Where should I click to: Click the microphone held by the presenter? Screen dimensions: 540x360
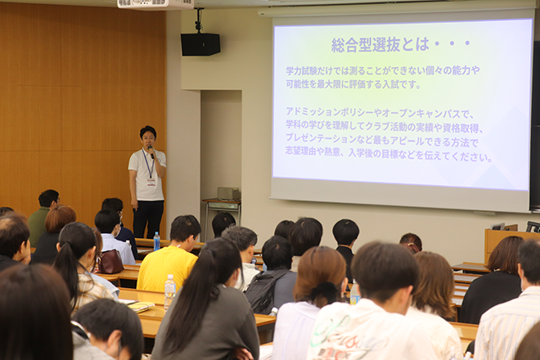[x=151, y=151]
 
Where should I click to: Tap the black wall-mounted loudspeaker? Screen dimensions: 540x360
[x=200, y=44]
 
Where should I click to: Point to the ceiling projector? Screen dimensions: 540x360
[x=155, y=4]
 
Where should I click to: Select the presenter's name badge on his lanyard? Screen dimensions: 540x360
[x=151, y=182]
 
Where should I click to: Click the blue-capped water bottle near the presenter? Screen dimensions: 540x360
[x=157, y=241]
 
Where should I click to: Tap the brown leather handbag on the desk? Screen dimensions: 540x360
[x=110, y=261]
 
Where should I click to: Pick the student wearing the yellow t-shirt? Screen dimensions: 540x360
[x=170, y=255]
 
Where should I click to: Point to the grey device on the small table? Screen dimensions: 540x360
[x=228, y=193]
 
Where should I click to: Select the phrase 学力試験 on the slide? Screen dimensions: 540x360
[x=300, y=70]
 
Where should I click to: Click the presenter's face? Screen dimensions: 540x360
[x=148, y=138]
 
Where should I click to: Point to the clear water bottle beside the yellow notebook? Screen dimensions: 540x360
[x=169, y=292]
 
